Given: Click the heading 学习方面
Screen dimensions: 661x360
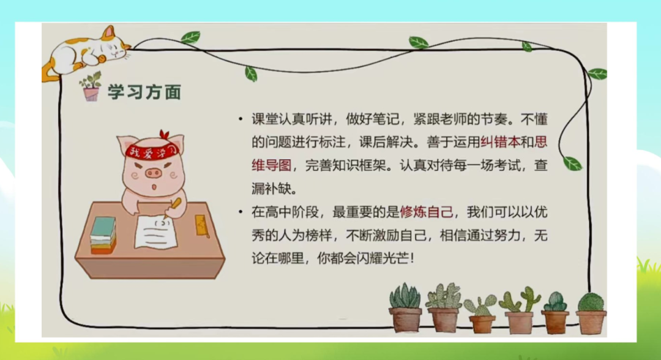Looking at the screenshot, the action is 144,92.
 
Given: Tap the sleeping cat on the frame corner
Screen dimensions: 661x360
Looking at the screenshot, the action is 86,53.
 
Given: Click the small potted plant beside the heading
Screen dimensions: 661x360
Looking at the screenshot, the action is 91,86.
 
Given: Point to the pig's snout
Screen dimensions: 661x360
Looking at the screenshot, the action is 154,173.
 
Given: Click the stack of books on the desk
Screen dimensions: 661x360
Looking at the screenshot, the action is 103,235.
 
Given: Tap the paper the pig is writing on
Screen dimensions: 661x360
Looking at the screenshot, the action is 155,232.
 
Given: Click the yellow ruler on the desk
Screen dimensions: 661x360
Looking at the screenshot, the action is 201,226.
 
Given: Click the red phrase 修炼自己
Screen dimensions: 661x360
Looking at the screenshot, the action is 427,212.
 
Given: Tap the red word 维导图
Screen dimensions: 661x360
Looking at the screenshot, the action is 272,165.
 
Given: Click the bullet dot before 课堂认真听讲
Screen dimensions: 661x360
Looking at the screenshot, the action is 241,119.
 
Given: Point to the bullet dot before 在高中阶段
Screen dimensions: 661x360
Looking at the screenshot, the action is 241,212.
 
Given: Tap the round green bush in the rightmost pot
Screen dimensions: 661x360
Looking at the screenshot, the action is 591,302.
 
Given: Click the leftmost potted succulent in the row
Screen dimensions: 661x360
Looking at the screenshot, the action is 405,308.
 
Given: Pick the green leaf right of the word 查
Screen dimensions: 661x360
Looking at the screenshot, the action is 572,163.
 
